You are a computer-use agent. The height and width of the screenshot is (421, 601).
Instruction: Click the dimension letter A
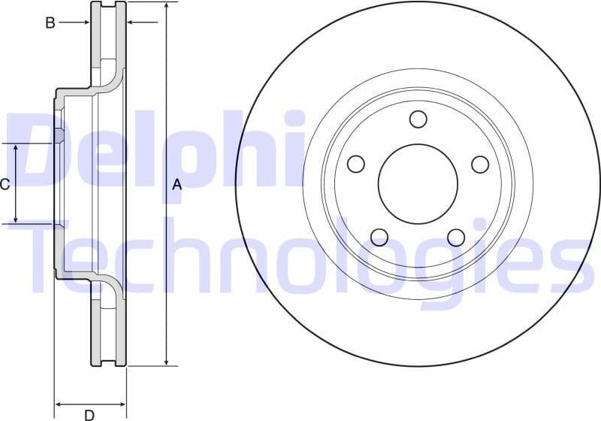pos(177,184)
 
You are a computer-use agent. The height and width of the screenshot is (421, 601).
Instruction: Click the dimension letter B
pos(50,23)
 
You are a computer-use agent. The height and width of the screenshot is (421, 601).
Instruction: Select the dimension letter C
pos(5,184)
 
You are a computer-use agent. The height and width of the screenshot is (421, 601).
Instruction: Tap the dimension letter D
pos(89,414)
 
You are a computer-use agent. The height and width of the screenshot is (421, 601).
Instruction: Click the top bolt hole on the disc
pos(418,119)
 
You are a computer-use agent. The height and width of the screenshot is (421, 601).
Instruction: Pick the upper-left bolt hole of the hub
pos(356,164)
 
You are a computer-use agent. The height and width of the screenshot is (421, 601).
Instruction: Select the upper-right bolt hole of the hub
pos(479,164)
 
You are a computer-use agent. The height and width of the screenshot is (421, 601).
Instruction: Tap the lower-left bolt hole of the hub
pos(379,238)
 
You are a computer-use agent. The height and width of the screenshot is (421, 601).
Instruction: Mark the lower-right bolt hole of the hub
pos(456,238)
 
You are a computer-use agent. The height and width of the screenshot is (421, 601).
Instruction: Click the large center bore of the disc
pos(418,184)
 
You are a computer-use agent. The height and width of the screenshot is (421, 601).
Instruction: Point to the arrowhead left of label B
pos(86,23)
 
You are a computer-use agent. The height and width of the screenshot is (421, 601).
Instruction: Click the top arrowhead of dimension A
pos(166,6)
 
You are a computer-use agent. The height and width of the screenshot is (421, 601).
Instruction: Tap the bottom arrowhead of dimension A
pos(166,362)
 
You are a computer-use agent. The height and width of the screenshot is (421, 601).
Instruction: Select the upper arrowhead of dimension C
pos(17,147)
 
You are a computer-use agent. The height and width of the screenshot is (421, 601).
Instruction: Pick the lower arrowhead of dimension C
pos(17,219)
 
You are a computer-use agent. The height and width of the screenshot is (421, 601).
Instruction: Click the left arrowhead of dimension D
pos(59,404)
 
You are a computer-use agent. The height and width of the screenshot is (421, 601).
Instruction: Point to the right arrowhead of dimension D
pos(122,404)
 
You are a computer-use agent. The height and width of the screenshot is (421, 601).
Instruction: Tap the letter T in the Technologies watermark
pos(53,256)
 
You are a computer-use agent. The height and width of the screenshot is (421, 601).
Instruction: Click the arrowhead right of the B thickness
pos(131,23)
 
